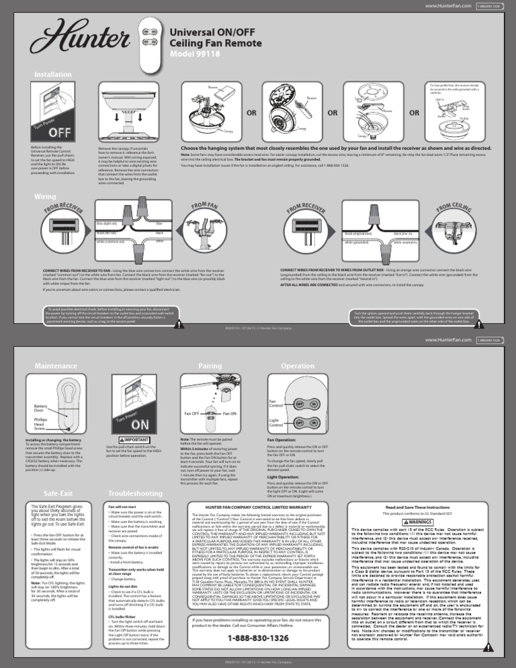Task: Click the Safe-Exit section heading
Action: coord(49,493)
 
